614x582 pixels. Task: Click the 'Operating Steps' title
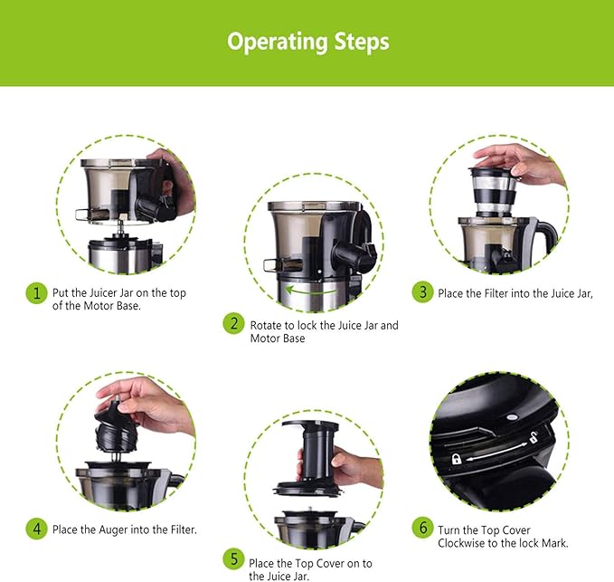[x=308, y=42]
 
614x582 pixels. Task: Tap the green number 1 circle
[x=37, y=292]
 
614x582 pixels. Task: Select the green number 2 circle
[x=234, y=324]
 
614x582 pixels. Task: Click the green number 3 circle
[x=423, y=292]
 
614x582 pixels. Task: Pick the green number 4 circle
[x=37, y=529]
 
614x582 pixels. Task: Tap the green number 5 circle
[x=234, y=558]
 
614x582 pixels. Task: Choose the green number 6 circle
[x=423, y=528]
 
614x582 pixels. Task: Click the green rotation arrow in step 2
[x=310, y=291]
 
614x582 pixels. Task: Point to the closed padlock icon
[x=456, y=459]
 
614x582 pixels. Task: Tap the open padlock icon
[x=534, y=437]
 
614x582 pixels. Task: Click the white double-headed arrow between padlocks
[x=496, y=451]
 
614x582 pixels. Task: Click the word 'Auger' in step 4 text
[x=113, y=530]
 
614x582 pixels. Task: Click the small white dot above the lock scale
[x=511, y=417]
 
